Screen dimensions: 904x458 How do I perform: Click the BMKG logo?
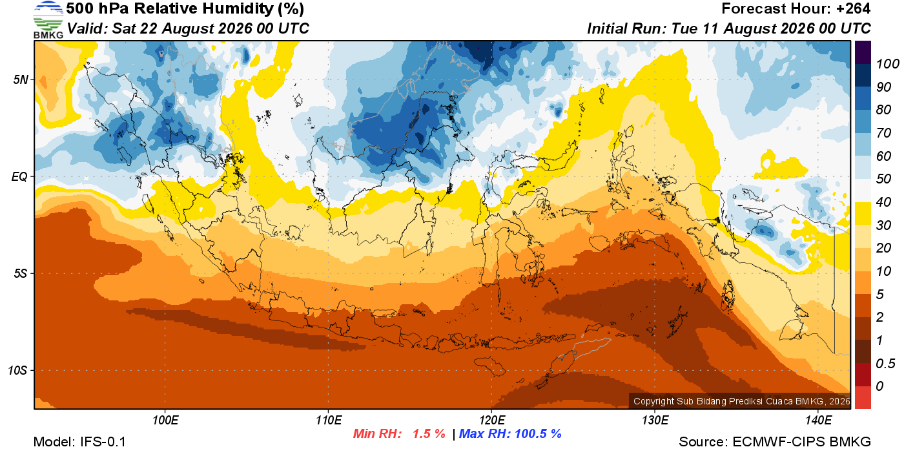click(x=48, y=20)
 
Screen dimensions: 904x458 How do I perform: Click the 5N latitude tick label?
click(x=21, y=79)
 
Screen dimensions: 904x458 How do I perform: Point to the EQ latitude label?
click(x=20, y=177)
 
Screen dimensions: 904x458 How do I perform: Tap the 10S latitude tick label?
click(x=17, y=370)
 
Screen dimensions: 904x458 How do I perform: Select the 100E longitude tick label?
click(x=165, y=420)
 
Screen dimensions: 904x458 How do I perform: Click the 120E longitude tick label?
click(x=491, y=420)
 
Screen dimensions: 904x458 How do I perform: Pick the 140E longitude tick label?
click(x=818, y=420)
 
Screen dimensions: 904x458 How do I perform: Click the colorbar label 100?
click(x=887, y=64)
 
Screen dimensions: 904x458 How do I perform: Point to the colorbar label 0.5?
click(x=885, y=364)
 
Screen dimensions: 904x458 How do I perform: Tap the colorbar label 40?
click(x=883, y=202)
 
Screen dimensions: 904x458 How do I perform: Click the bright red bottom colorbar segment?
click(x=863, y=397)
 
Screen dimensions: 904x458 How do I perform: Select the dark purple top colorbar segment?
click(x=863, y=52)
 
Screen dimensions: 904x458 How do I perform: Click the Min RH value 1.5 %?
click(x=429, y=433)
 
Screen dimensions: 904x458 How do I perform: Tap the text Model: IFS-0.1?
click(x=79, y=442)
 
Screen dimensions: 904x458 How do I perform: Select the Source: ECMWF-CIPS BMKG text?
click(x=775, y=442)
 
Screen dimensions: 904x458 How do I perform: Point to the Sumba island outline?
click(x=490, y=366)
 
